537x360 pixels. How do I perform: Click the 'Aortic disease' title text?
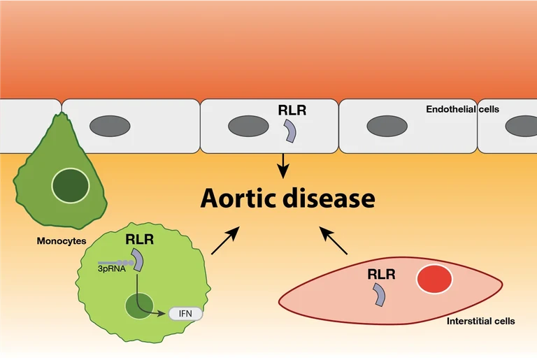click(287, 198)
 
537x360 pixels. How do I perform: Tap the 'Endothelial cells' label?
click(462, 110)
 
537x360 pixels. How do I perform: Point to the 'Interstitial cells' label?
click(480, 322)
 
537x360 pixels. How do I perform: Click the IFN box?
click(185, 313)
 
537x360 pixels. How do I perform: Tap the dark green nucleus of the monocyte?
click(71, 185)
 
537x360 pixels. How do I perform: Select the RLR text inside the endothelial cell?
click(292, 109)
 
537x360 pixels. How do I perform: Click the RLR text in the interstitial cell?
click(381, 274)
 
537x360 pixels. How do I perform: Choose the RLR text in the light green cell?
click(140, 239)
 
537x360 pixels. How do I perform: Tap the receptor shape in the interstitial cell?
click(379, 294)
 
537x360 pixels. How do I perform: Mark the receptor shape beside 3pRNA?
click(138, 260)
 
